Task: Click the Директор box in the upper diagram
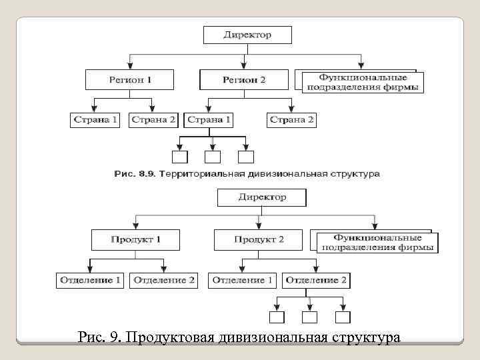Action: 247,35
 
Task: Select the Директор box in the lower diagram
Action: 261,197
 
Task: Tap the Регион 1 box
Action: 130,80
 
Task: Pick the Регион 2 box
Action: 244,80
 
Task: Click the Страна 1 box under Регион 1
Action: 95,120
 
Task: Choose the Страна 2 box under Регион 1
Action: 153,120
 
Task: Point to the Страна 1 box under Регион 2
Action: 209,120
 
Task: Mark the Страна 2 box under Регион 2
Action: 291,120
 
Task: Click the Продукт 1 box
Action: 135,239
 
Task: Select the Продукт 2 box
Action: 259,239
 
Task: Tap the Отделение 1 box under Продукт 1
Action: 90,281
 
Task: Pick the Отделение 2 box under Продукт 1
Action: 165,281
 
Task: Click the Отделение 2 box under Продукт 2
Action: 316,281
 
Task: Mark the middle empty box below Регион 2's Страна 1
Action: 213,157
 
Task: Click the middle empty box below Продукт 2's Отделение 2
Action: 309,317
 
